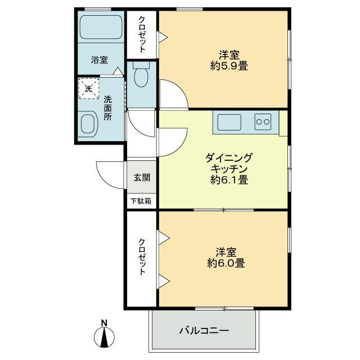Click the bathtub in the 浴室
101,27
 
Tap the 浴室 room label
100,60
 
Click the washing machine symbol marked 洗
89,89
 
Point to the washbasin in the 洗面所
89,124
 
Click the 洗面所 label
107,108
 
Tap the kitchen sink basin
229,122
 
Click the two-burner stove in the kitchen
263,122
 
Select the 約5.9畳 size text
229,66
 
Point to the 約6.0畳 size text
226,263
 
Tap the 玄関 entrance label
142,177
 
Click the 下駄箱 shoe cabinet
142,201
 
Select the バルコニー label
204,331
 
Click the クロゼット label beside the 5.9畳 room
142,34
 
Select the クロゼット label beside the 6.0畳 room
142,256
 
